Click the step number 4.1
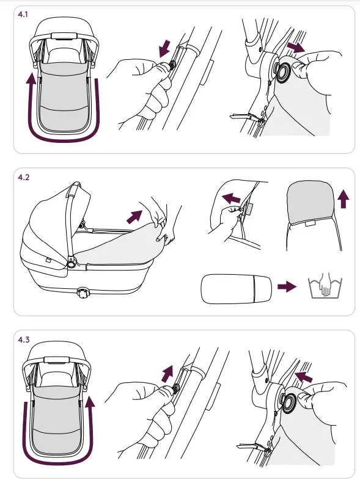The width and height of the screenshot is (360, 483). (x=23, y=15)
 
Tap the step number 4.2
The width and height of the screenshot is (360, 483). (x=23, y=177)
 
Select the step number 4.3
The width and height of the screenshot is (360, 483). (x=24, y=340)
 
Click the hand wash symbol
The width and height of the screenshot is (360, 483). (x=325, y=285)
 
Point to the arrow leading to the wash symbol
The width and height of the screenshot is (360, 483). (x=287, y=287)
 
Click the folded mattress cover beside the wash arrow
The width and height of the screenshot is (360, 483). (x=237, y=289)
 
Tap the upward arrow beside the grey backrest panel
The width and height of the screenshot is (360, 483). (x=343, y=199)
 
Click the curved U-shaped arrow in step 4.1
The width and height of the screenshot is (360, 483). (x=65, y=140)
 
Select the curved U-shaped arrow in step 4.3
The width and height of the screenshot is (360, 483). (x=57, y=463)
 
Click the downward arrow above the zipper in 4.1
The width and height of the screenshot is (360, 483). (x=165, y=48)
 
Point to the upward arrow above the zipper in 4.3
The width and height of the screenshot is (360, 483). (x=167, y=374)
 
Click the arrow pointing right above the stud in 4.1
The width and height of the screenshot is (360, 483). (x=296, y=47)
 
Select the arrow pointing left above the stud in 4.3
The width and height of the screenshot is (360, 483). (x=304, y=377)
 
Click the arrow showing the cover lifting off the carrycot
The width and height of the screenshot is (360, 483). (x=134, y=217)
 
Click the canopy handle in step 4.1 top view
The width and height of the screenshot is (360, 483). (x=64, y=36)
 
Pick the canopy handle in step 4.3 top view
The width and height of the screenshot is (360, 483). (x=56, y=360)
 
